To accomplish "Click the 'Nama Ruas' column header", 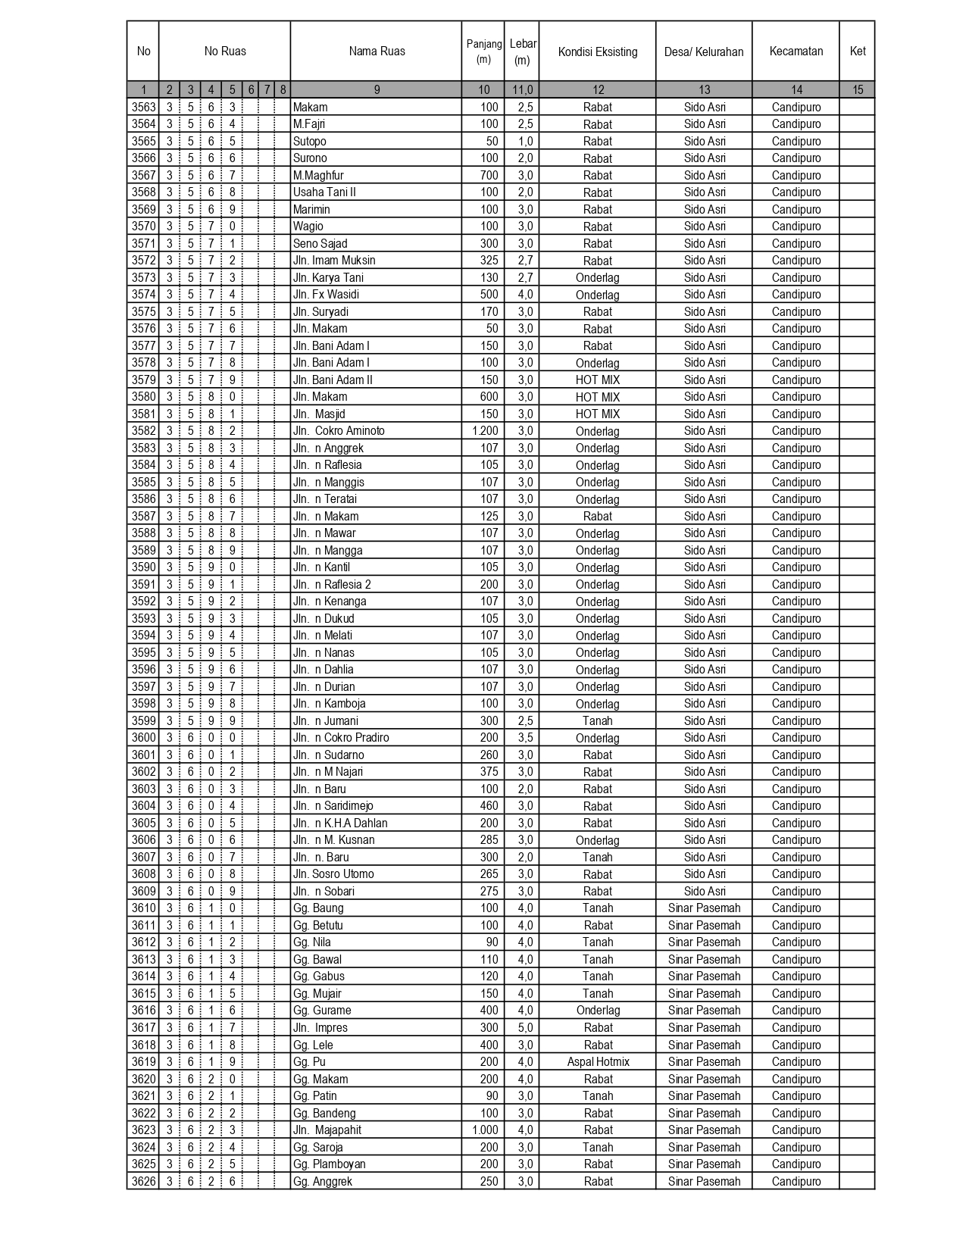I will tap(377, 52).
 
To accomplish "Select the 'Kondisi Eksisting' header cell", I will tap(597, 52).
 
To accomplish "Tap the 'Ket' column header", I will tap(857, 52).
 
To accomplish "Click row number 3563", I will tap(143, 108).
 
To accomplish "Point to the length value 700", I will tap(489, 176).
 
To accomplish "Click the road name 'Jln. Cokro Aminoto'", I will tap(339, 431).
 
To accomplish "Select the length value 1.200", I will tap(485, 431).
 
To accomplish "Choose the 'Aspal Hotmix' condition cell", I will tap(598, 1062).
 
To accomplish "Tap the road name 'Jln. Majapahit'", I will tap(327, 1130).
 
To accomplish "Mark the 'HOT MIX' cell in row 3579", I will tap(597, 380).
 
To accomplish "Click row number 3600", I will tap(143, 738).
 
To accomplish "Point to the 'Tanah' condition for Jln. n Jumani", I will tap(597, 721).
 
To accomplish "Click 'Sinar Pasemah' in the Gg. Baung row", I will tap(704, 908).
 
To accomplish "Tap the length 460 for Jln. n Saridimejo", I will tap(489, 806).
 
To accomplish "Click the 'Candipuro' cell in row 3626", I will tap(796, 1182).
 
